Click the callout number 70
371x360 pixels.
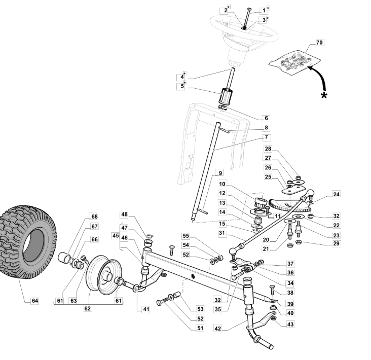(x=319, y=43)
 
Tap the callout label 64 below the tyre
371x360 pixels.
(x=35, y=301)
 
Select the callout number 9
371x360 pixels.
(x=220, y=173)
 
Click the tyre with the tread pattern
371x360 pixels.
(x=27, y=241)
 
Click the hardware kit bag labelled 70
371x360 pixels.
(x=294, y=62)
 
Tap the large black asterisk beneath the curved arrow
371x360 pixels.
(x=324, y=96)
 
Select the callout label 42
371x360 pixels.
(x=217, y=328)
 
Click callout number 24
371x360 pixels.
(x=336, y=194)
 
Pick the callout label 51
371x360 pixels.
(x=200, y=328)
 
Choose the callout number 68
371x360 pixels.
(x=94, y=217)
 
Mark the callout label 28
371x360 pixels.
(x=268, y=149)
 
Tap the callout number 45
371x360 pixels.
(x=116, y=236)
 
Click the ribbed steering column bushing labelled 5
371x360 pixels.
(x=225, y=95)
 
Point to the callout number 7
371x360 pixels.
(x=267, y=137)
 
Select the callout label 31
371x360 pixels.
(x=221, y=233)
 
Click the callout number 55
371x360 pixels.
(x=186, y=236)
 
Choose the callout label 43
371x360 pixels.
(x=290, y=324)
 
